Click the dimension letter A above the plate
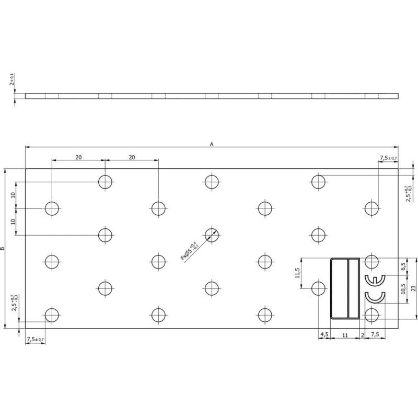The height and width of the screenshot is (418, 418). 212,144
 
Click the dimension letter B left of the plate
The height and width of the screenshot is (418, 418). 3,249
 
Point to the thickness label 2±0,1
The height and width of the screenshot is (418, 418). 12,79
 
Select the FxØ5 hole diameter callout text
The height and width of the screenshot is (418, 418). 190,251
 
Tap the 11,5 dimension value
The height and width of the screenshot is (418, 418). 298,273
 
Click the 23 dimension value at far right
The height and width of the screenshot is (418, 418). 413,288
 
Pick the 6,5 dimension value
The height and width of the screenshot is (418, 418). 403,266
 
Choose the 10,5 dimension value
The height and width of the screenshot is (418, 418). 403,289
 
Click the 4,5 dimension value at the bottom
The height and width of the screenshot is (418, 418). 324,334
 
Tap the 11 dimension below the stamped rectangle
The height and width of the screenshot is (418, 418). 345,335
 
